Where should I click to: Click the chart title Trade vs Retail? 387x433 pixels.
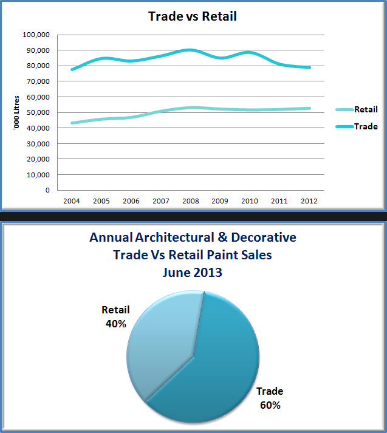[x=193, y=16]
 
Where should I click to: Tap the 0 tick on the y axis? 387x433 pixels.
[x=47, y=190]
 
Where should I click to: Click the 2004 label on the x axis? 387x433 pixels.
[x=72, y=200]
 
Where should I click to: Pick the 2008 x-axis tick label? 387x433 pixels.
[x=190, y=200]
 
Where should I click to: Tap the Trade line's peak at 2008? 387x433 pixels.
[x=190, y=50]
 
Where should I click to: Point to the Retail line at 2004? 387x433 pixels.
[x=72, y=123]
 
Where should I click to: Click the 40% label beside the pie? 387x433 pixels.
[x=115, y=324]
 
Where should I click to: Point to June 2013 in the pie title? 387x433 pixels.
[x=193, y=273]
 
